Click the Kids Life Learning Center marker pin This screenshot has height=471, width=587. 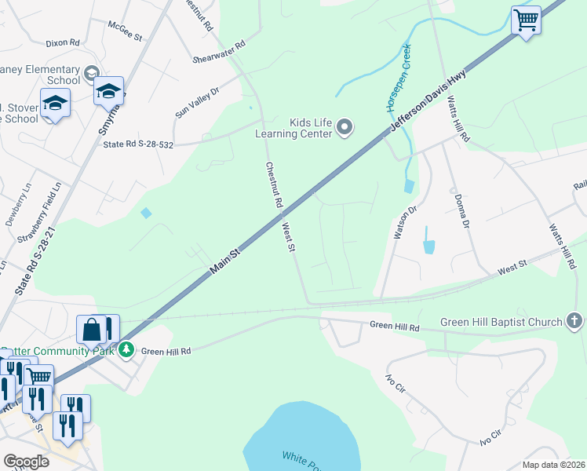pos(345,126)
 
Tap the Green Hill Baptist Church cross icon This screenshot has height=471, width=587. pos(574,321)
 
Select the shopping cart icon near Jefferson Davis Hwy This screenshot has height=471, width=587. pos(525,20)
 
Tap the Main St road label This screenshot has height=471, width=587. pos(224,261)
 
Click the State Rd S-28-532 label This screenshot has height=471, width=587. pos(137,143)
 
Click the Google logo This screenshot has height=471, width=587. pos(26,462)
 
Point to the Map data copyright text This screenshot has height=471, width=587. pos(554,465)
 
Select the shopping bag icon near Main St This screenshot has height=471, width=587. pos(92,330)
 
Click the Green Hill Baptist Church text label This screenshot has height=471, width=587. pos(501,322)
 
